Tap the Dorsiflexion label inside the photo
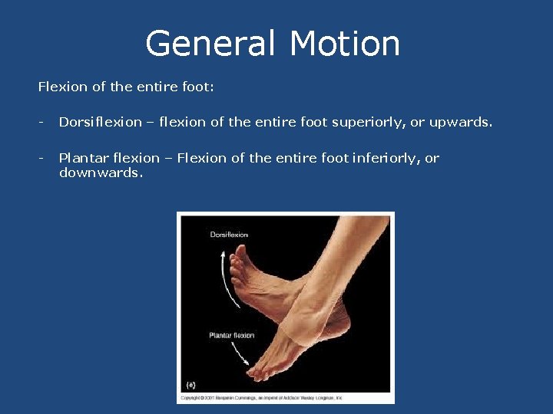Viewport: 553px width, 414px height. pyautogui.click(x=229, y=235)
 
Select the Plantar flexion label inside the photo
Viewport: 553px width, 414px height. pyautogui.click(x=232, y=335)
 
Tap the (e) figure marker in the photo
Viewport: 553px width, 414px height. pyautogui.click(x=191, y=384)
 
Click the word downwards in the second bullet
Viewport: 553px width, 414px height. pyautogui.click(x=100, y=172)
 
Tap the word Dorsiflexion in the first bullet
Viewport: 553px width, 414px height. pyautogui.click(x=101, y=122)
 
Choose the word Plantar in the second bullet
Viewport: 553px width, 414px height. pyautogui.click(x=82, y=158)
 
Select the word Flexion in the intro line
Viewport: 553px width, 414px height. pyautogui.click(x=63, y=87)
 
